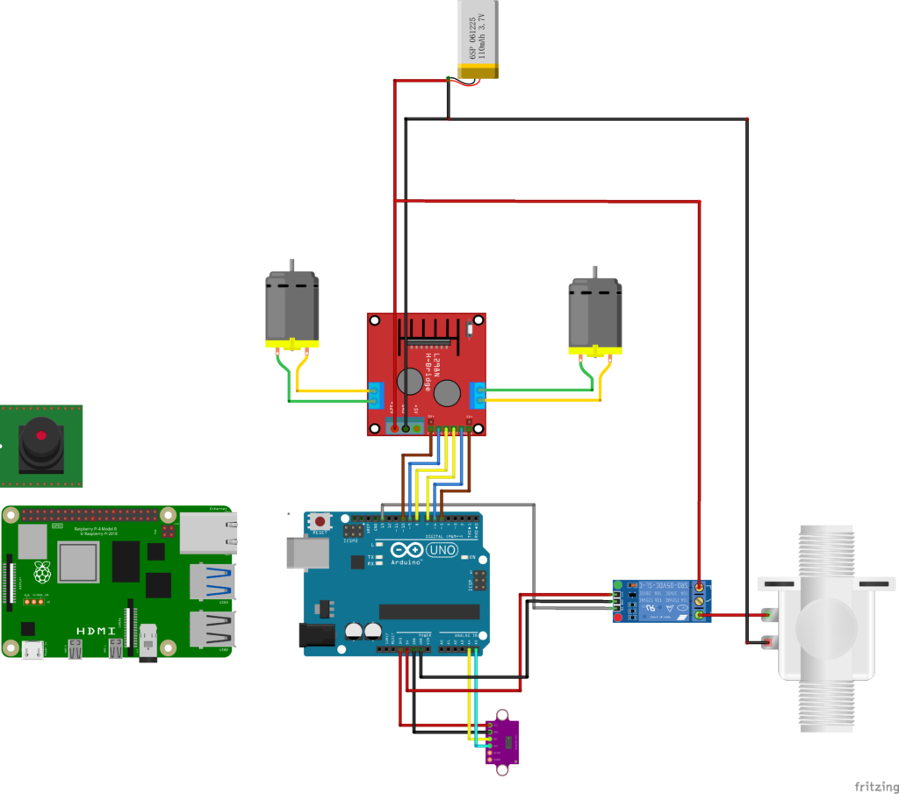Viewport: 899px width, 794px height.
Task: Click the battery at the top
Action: pyautogui.click(x=481, y=39)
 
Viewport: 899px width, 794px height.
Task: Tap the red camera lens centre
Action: pyautogui.click(x=40, y=435)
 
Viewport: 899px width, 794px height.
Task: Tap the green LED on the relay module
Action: pyautogui.click(x=618, y=584)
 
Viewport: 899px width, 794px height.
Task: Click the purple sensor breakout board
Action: pyautogui.click(x=502, y=742)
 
